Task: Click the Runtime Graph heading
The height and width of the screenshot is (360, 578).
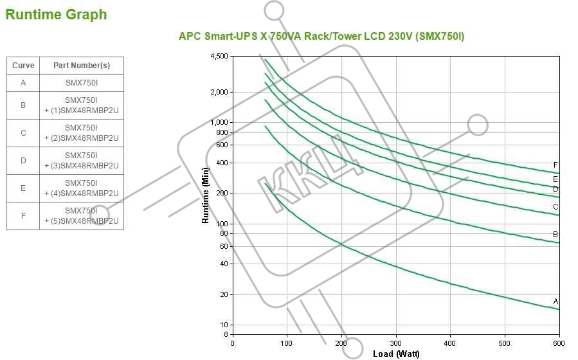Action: pyautogui.click(x=57, y=15)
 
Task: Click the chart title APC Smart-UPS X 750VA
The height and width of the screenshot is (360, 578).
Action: pyautogui.click(x=321, y=36)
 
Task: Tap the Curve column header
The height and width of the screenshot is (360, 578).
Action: pyautogui.click(x=23, y=66)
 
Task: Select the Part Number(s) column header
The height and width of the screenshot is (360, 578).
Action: pyautogui.click(x=82, y=66)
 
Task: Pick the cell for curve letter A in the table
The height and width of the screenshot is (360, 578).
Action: pyautogui.click(x=23, y=82)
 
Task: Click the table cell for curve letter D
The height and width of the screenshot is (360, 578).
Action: pyautogui.click(x=23, y=161)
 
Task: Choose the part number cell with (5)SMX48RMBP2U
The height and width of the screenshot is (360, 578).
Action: pyautogui.click(x=82, y=215)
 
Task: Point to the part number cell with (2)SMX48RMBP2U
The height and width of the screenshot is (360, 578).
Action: pyautogui.click(x=82, y=132)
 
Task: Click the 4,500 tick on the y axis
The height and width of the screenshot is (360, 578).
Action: pyautogui.click(x=219, y=57)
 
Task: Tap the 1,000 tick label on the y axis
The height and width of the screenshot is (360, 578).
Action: pyautogui.click(x=219, y=122)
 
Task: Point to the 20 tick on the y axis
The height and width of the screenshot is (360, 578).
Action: pyautogui.click(x=222, y=294)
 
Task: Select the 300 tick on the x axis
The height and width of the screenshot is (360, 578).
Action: pyautogui.click(x=396, y=343)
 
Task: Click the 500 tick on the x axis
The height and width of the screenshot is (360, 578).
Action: pyautogui.click(x=505, y=343)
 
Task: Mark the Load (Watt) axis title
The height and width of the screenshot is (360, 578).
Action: pyautogui.click(x=397, y=354)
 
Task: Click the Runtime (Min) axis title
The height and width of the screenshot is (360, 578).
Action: pyautogui.click(x=206, y=195)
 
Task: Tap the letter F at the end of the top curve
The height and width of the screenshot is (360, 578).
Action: pyautogui.click(x=555, y=165)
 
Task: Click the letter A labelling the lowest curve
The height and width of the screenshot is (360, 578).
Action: pyautogui.click(x=555, y=301)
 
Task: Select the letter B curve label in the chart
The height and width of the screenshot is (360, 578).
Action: pyautogui.click(x=555, y=234)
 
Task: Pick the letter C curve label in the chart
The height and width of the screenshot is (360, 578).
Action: pyautogui.click(x=555, y=206)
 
